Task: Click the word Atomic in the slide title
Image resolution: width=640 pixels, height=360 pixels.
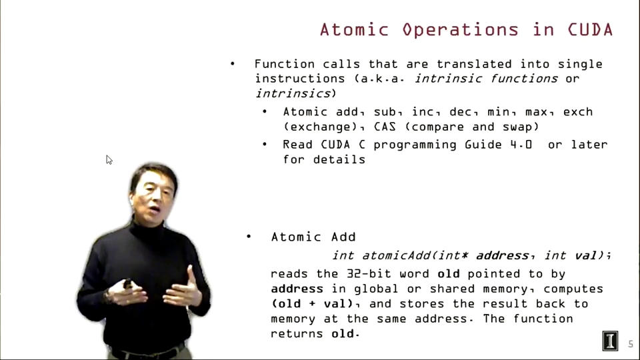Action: [x=354, y=30]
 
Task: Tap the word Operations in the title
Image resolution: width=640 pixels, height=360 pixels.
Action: [x=461, y=31]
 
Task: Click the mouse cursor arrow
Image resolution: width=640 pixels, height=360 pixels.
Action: [x=109, y=159]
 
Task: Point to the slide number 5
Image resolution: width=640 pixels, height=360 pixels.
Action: [x=631, y=344]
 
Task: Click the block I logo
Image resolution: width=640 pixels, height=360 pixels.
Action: [x=610, y=341]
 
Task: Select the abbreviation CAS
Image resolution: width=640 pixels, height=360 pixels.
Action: [x=385, y=127]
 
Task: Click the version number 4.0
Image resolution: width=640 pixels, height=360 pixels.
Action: [x=521, y=145]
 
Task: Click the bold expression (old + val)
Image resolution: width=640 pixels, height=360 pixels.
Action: [x=312, y=304]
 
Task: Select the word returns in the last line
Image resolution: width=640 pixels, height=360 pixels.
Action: [x=297, y=334]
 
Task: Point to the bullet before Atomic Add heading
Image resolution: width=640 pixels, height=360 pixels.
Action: [x=249, y=236]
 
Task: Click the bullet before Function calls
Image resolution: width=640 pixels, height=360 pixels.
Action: [x=232, y=63]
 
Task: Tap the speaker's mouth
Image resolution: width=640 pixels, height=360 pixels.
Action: [x=155, y=210]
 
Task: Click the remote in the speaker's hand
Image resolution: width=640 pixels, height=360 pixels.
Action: [x=127, y=283]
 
